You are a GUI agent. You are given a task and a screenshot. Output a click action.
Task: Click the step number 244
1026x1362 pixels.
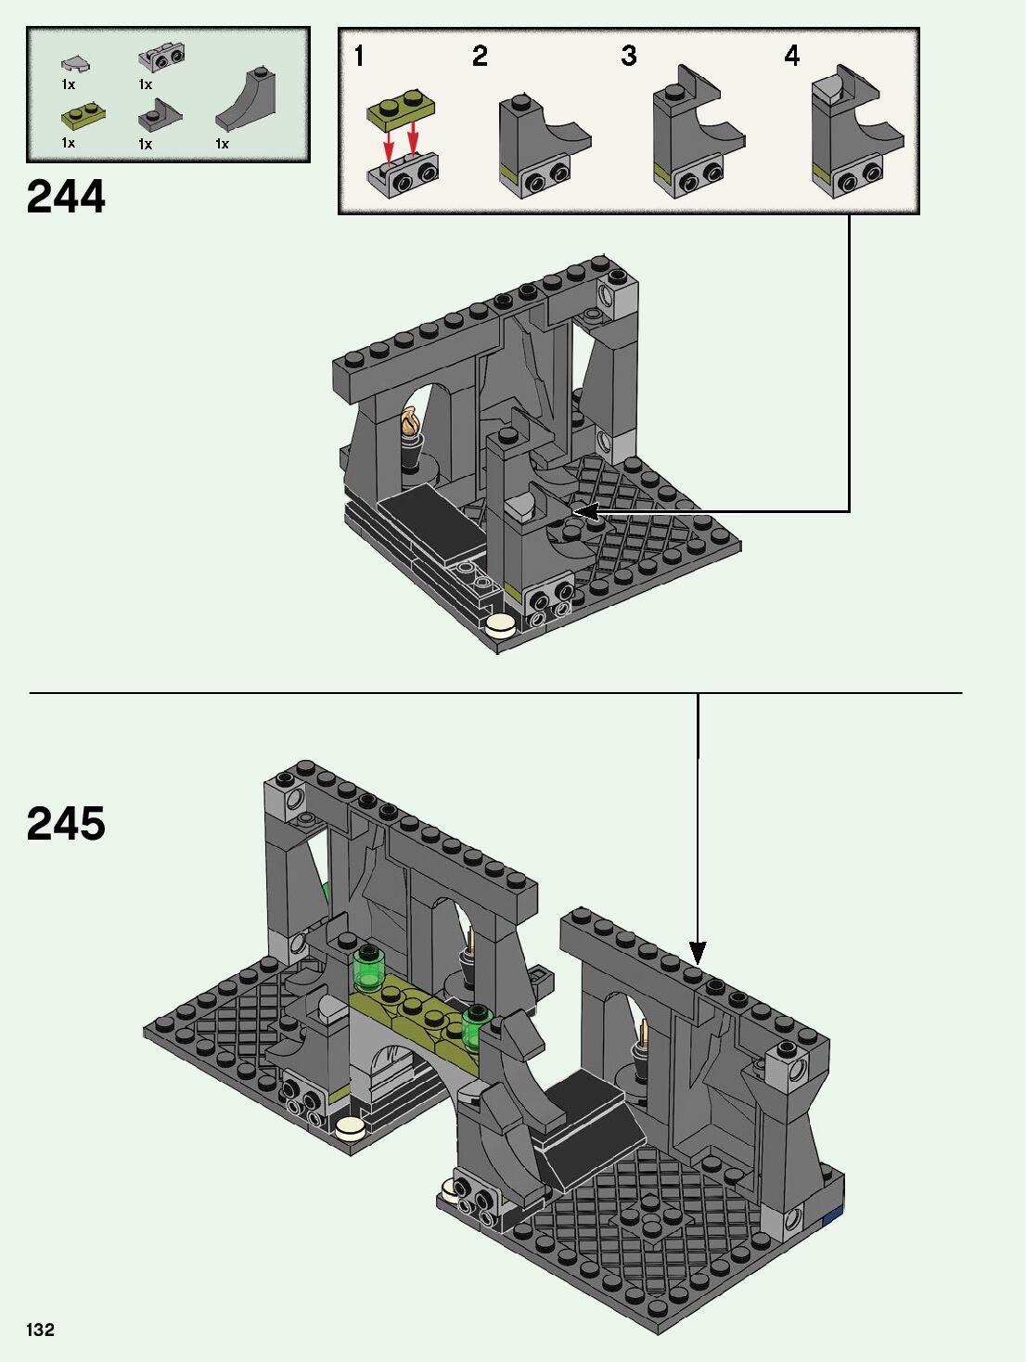66,197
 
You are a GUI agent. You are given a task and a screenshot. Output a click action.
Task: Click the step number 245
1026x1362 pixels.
66,823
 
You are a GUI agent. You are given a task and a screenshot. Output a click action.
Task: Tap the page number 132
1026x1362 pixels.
40,1330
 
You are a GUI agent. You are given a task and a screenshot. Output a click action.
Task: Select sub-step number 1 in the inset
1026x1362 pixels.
358,56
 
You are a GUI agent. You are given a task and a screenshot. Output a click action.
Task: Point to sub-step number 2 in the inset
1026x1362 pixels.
480,56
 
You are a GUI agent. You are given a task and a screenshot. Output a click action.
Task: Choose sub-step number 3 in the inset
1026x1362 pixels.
628,56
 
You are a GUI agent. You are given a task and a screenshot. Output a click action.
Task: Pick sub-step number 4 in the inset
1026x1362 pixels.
791,56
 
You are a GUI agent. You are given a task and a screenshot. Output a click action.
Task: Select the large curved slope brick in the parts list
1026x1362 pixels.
247,99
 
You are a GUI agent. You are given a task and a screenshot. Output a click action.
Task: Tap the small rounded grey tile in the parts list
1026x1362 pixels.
76,63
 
